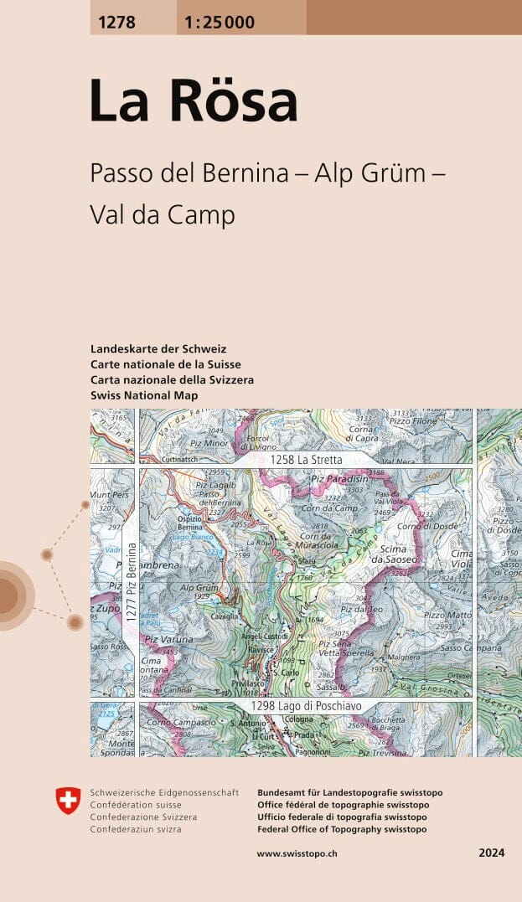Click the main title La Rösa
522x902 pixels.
pos(194,101)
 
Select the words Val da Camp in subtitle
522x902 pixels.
pos(162,215)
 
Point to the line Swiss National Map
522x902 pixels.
pos(144,395)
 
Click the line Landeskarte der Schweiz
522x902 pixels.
pos(158,348)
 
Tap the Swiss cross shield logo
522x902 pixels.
pos(68,800)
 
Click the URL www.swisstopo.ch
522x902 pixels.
pos(297,853)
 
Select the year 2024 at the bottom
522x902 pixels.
pos(491,853)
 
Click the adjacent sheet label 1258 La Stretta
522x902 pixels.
pos(306,460)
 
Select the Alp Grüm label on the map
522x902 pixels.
pos(198,588)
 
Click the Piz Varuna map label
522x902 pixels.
pos(168,640)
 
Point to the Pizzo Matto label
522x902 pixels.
pos(447,616)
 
